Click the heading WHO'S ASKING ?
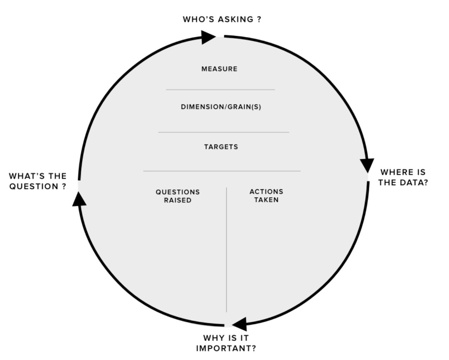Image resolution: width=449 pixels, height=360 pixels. click(222, 20)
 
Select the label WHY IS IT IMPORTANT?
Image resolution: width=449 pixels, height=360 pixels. click(226, 343)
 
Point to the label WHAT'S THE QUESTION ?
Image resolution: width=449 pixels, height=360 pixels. click(38, 181)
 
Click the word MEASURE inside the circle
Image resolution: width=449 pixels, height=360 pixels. click(220, 69)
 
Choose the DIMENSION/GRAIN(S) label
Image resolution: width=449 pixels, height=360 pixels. click(221, 107)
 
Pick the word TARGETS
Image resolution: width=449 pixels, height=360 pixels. click(221, 147)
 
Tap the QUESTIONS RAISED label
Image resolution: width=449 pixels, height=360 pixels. click(178, 196)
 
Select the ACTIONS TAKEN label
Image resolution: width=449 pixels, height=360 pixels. click(266, 196)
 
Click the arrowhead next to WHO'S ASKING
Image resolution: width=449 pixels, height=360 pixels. click(208, 37)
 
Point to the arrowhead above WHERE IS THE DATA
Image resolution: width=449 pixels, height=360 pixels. click(367, 165)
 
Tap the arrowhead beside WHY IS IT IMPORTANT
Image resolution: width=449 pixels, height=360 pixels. click(239, 324)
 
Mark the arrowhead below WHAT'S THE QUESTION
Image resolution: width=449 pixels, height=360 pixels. click(79, 199)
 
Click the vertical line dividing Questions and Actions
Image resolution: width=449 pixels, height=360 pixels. click(227, 250)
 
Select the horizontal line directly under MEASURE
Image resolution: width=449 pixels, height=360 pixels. click(220, 89)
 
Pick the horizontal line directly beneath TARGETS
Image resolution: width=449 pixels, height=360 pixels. click(222, 171)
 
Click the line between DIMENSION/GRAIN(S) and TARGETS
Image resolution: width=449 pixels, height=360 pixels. click(223, 132)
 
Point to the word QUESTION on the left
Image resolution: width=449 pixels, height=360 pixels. click(34, 186)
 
